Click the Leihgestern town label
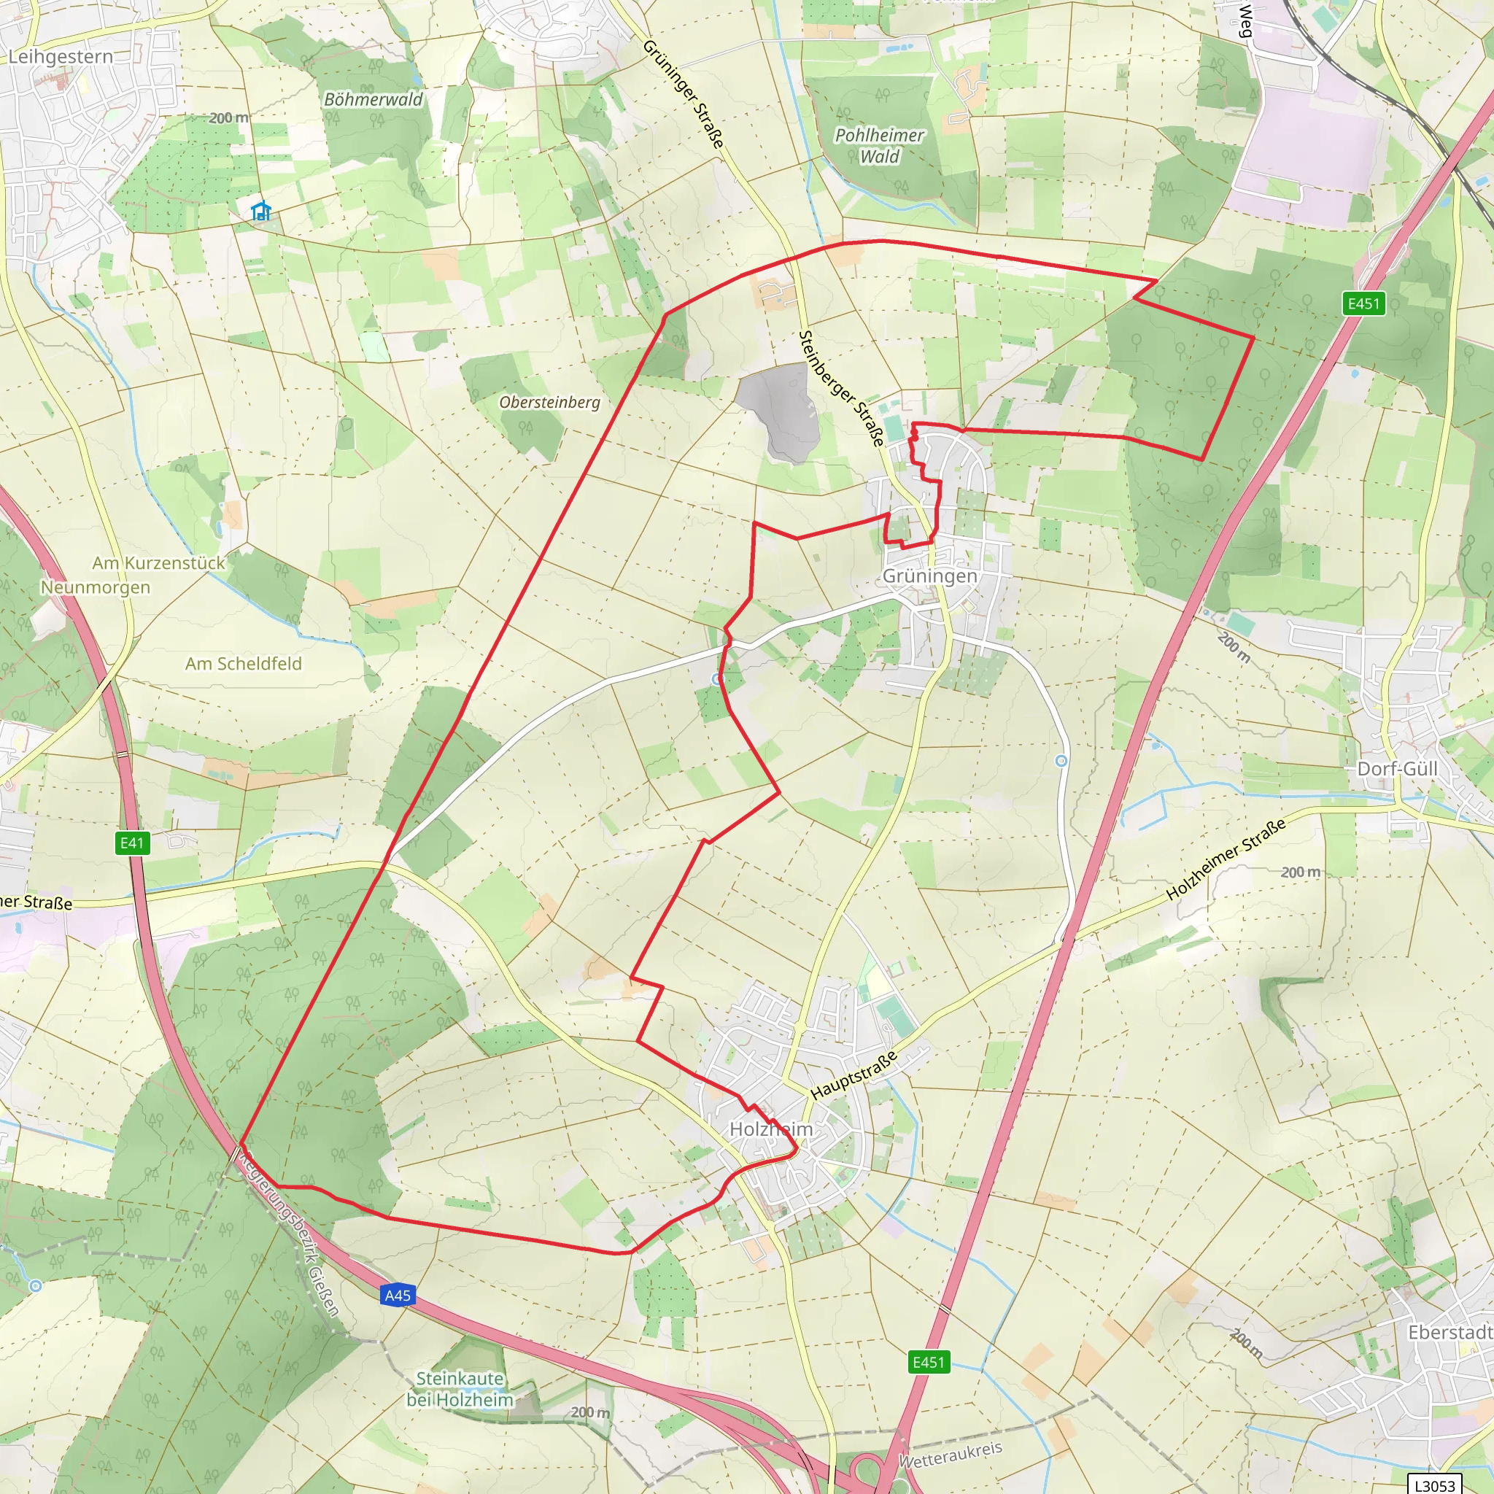pyautogui.click(x=61, y=56)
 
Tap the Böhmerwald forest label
pyautogui.click(x=373, y=100)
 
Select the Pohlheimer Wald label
pyautogui.click(x=879, y=145)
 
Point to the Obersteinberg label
pyautogui.click(x=549, y=402)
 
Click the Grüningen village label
pyautogui.click(x=929, y=576)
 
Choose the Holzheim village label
pyautogui.click(x=771, y=1129)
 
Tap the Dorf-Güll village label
pyautogui.click(x=1397, y=769)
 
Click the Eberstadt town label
pyautogui.click(x=1450, y=1331)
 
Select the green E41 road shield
pyautogui.click(x=132, y=842)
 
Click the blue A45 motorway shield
pyautogui.click(x=398, y=1296)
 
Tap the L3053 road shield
pyautogui.click(x=1434, y=1484)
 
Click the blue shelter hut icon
pyautogui.click(x=261, y=210)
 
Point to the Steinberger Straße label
pyautogui.click(x=840, y=388)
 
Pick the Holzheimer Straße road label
pyautogui.click(x=1226, y=859)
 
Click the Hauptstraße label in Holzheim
pyautogui.click(x=854, y=1075)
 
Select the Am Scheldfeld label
pyautogui.click(x=244, y=664)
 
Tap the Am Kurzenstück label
pyautogui.click(x=158, y=563)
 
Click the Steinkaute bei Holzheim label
pyautogui.click(x=460, y=1388)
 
